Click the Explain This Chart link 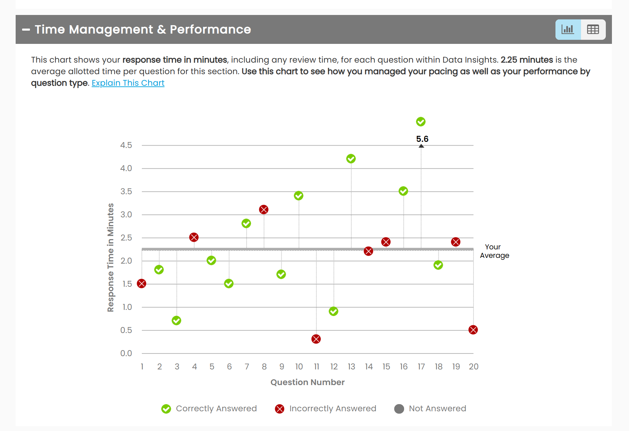click(x=128, y=83)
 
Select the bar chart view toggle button click(x=568, y=30)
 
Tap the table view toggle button click(x=593, y=30)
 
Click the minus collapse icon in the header click(x=26, y=30)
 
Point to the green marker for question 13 click(x=351, y=159)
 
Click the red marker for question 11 click(x=316, y=339)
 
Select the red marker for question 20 click(x=473, y=330)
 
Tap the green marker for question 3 click(x=176, y=320)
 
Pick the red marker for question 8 click(x=264, y=210)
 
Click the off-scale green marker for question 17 click(x=421, y=121)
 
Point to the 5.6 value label click(x=422, y=139)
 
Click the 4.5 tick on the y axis click(x=126, y=145)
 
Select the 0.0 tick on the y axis click(x=126, y=353)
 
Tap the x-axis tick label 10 click(x=299, y=367)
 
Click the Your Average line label click(x=494, y=251)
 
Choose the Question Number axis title click(x=307, y=382)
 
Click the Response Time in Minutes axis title click(x=111, y=257)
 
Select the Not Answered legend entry click(x=430, y=409)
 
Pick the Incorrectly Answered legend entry click(x=326, y=409)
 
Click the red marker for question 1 click(x=142, y=283)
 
